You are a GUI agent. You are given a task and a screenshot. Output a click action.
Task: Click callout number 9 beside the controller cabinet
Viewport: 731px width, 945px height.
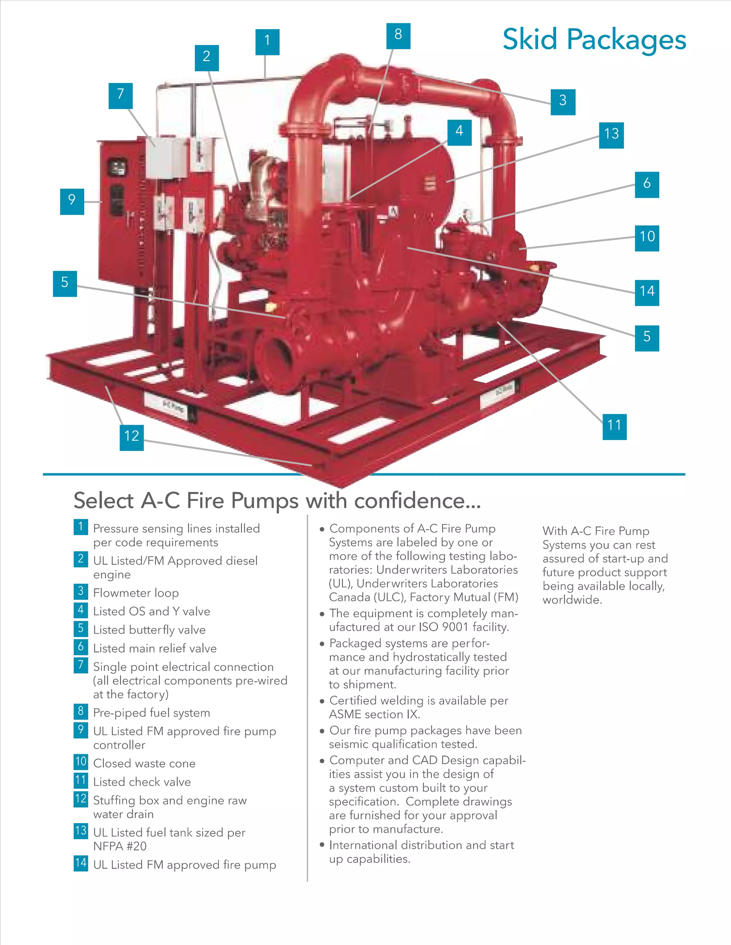tap(72, 201)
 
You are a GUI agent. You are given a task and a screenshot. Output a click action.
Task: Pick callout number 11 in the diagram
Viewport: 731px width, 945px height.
tap(614, 426)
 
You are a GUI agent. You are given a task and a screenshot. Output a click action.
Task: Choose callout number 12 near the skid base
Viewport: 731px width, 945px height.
tap(132, 437)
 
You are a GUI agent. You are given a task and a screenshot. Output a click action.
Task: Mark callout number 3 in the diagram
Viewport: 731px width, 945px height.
tap(563, 102)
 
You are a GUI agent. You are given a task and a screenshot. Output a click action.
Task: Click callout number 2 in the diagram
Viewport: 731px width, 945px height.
tap(207, 57)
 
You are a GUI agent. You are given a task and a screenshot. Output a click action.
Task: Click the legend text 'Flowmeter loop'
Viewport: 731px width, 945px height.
tap(136, 593)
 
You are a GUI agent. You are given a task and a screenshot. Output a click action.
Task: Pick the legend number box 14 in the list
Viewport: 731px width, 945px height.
tap(81, 863)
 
